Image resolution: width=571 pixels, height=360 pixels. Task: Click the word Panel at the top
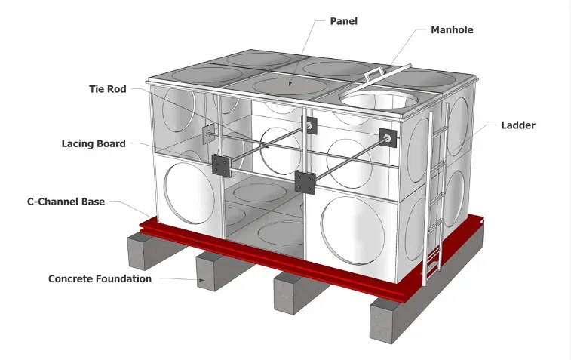click(x=343, y=21)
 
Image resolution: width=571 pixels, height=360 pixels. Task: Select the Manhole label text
click(x=453, y=30)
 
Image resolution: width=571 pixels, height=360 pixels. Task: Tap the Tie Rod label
click(x=107, y=88)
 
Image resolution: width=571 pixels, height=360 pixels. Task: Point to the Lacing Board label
click(x=94, y=143)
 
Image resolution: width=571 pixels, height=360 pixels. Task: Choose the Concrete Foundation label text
click(x=100, y=278)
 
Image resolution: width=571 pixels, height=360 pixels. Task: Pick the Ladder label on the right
click(x=518, y=125)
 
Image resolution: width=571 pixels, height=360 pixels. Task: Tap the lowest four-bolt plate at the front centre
click(x=305, y=182)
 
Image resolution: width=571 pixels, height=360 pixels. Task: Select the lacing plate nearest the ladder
click(x=388, y=137)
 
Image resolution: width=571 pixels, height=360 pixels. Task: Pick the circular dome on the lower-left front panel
click(x=188, y=192)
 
